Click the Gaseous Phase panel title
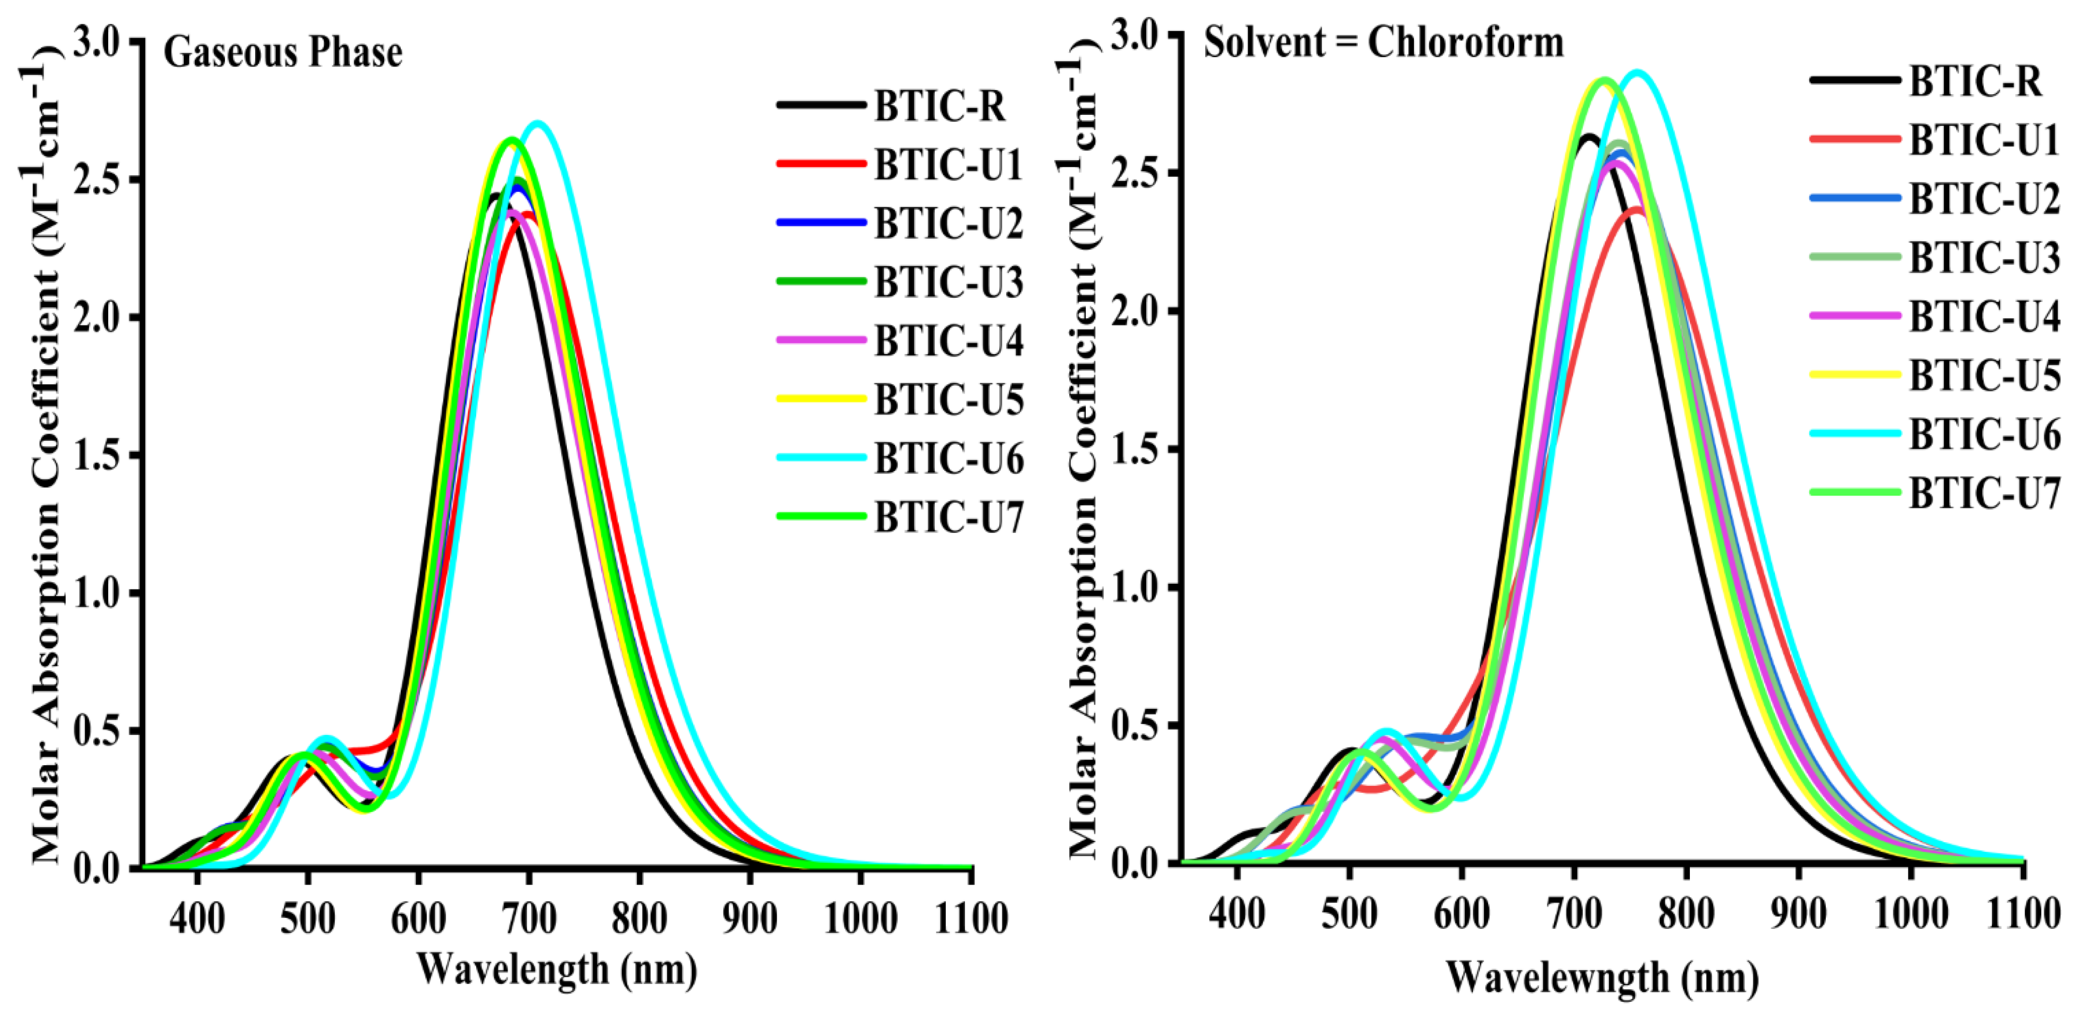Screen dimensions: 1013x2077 282,53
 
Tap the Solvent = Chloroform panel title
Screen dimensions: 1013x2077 1384,42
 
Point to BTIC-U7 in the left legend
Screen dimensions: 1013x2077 949,517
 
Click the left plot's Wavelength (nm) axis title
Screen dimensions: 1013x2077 556,969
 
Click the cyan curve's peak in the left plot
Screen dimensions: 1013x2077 538,123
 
